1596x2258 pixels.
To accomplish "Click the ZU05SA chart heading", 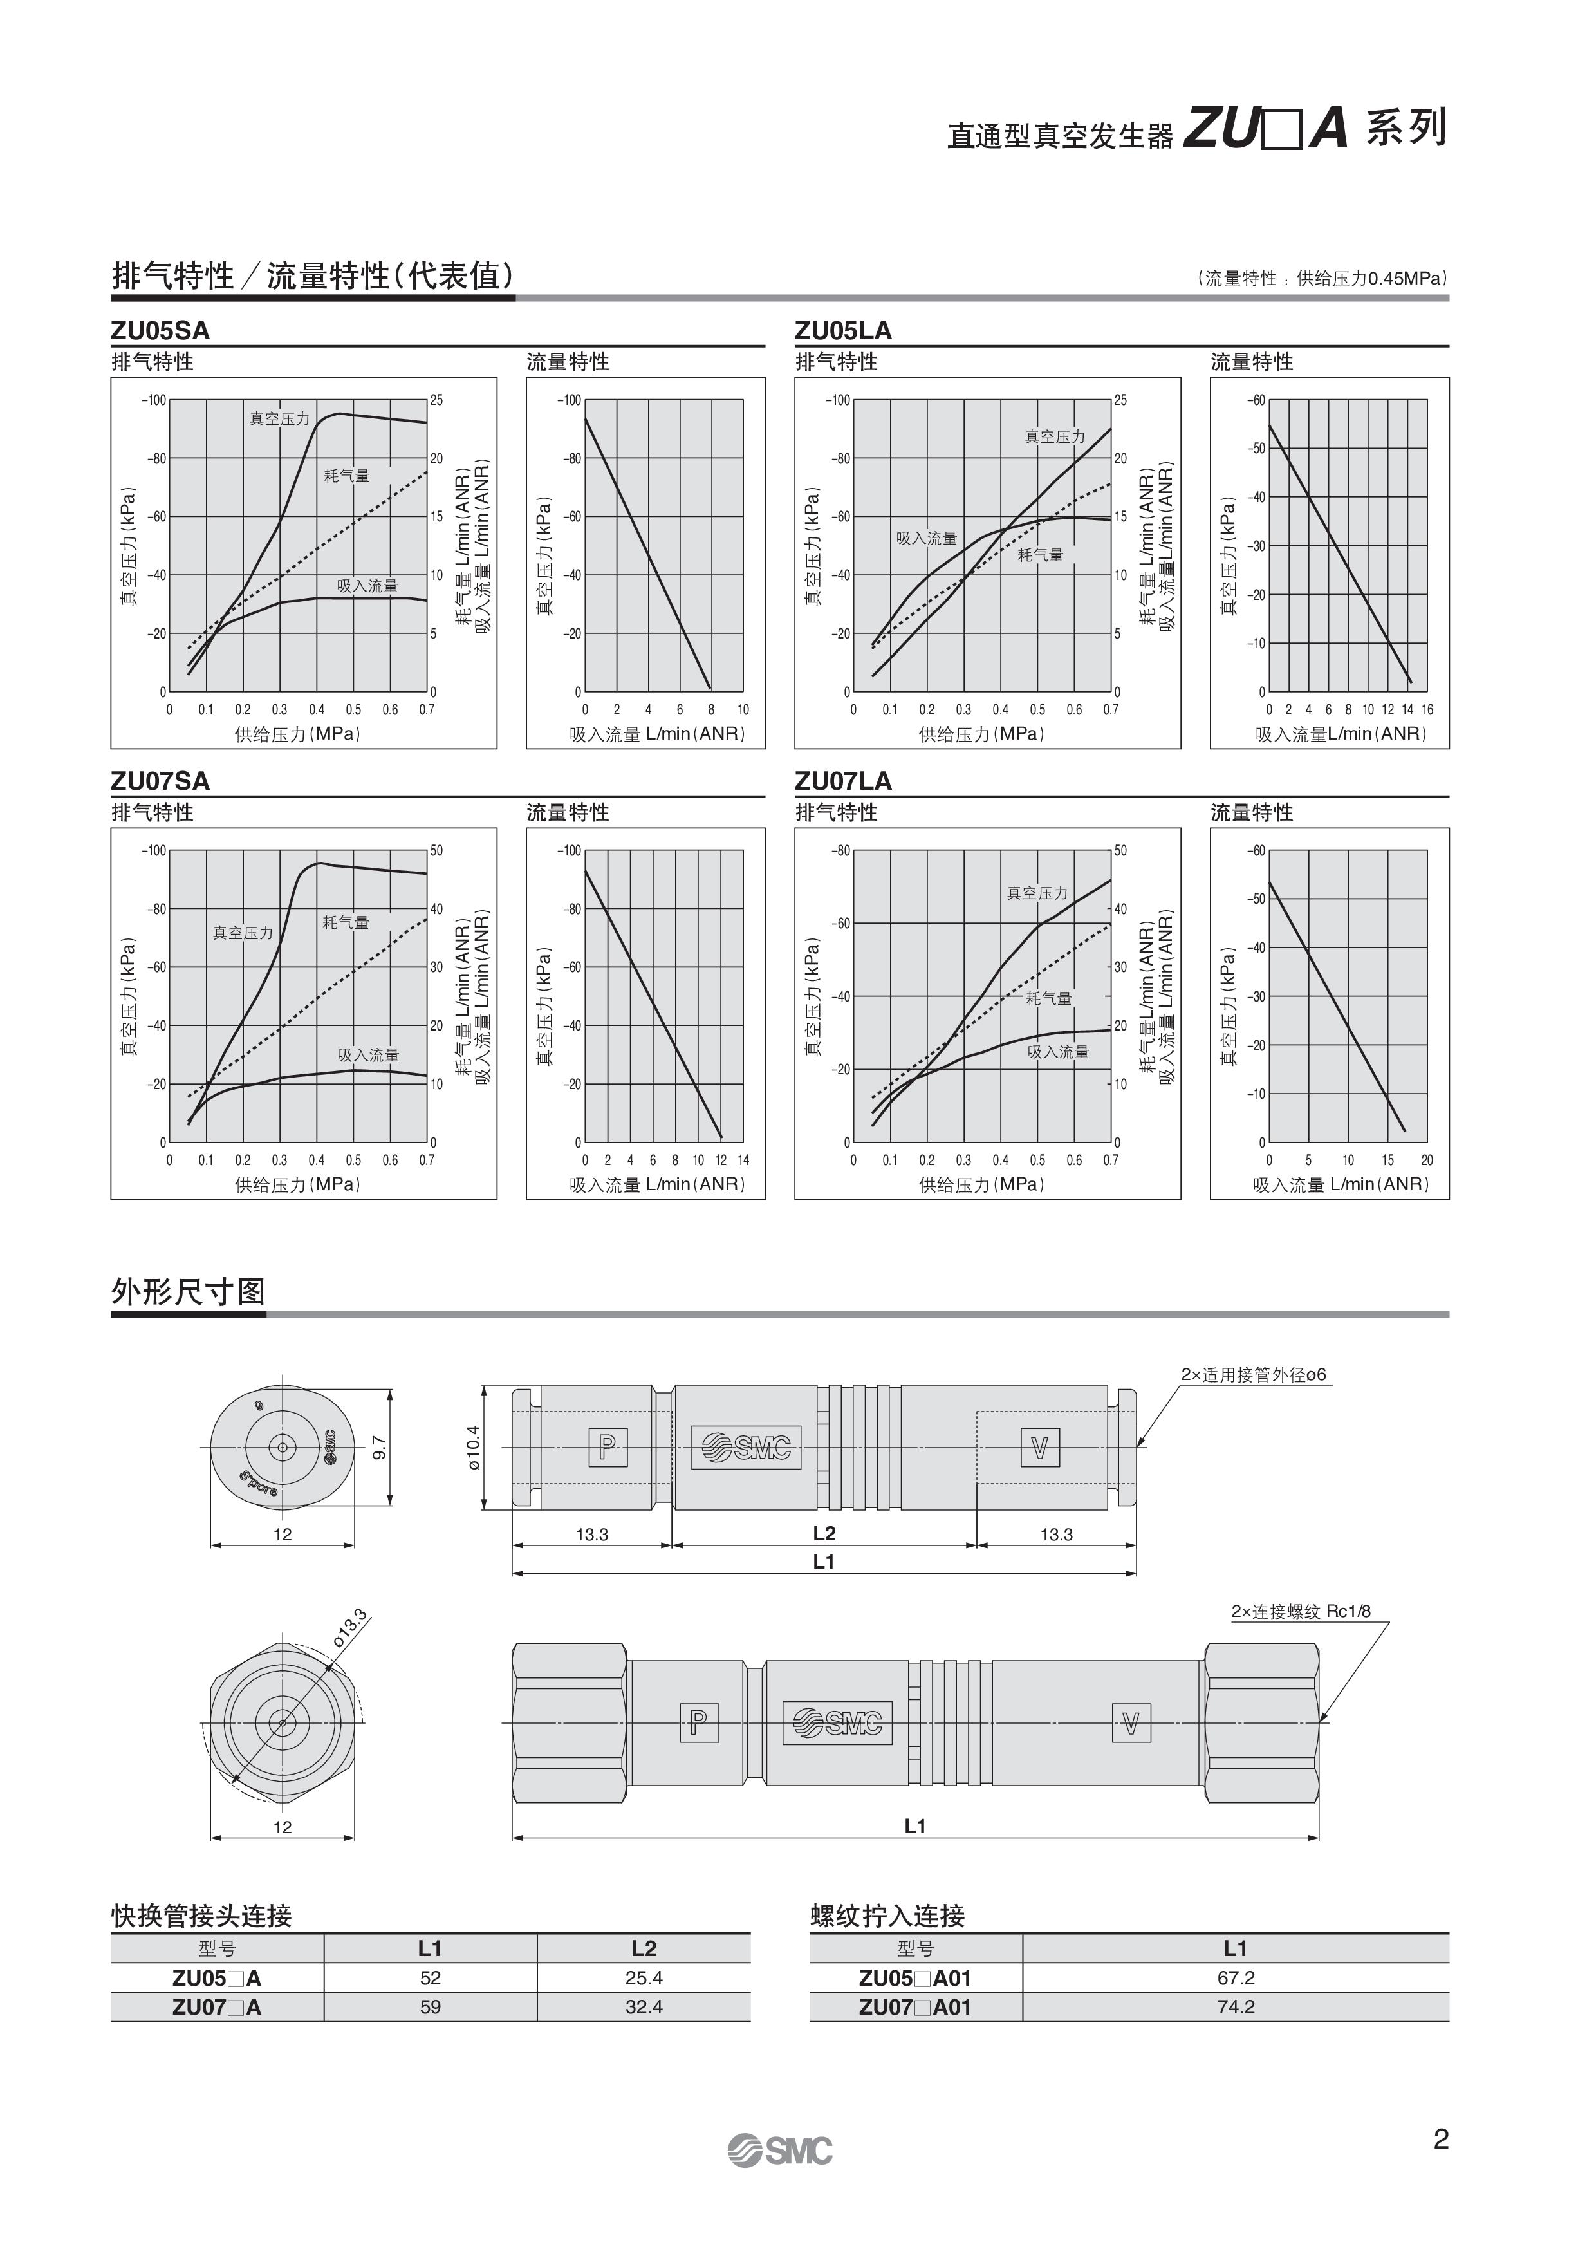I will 160,330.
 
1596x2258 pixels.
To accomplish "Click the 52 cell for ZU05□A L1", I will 430,1978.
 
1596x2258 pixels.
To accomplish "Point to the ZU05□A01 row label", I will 914,1978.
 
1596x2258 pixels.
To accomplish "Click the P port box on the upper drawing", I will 607,1447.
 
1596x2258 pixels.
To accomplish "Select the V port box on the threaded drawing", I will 1130,1723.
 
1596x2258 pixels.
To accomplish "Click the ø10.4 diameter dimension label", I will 474,1447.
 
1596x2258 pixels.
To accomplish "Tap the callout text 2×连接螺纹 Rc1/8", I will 1300,1612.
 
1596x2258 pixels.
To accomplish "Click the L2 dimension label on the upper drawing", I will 824,1533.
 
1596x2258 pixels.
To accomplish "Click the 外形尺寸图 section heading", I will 188,1292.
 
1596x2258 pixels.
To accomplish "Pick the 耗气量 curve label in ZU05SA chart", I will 347,476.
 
